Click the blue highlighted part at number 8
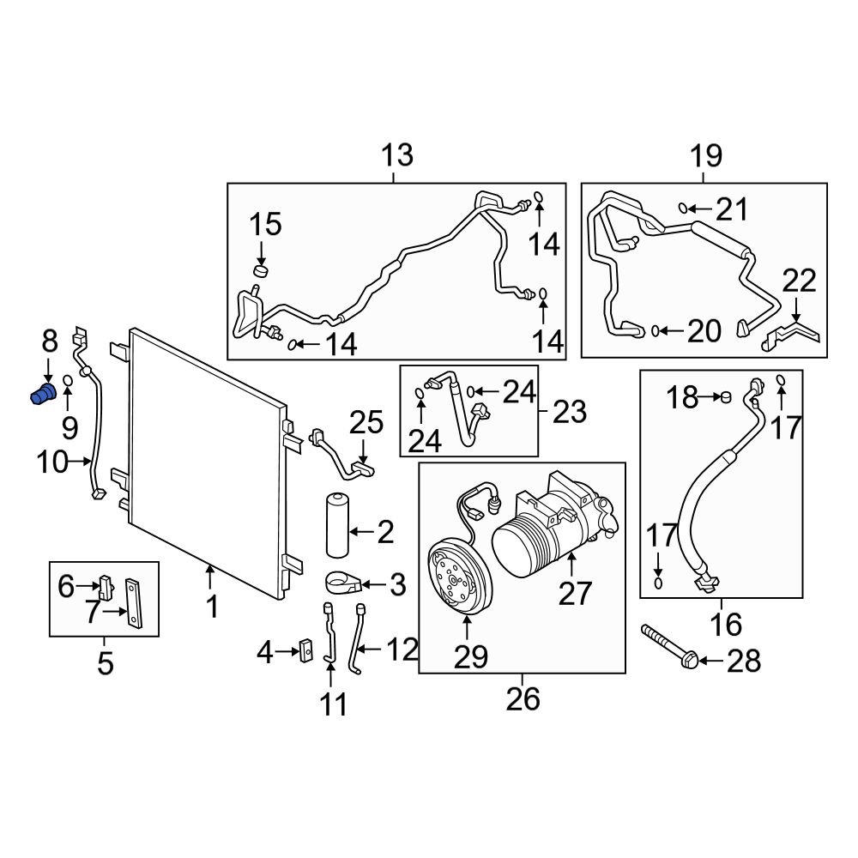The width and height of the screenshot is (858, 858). click(x=42, y=396)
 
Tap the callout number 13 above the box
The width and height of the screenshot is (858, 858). click(x=396, y=156)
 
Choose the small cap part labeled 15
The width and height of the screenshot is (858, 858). click(x=261, y=272)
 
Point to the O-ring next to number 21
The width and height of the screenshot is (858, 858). click(x=683, y=207)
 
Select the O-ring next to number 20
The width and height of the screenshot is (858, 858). click(x=656, y=329)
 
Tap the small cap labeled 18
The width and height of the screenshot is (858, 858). click(x=725, y=396)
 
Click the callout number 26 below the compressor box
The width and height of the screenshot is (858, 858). click(x=523, y=698)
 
